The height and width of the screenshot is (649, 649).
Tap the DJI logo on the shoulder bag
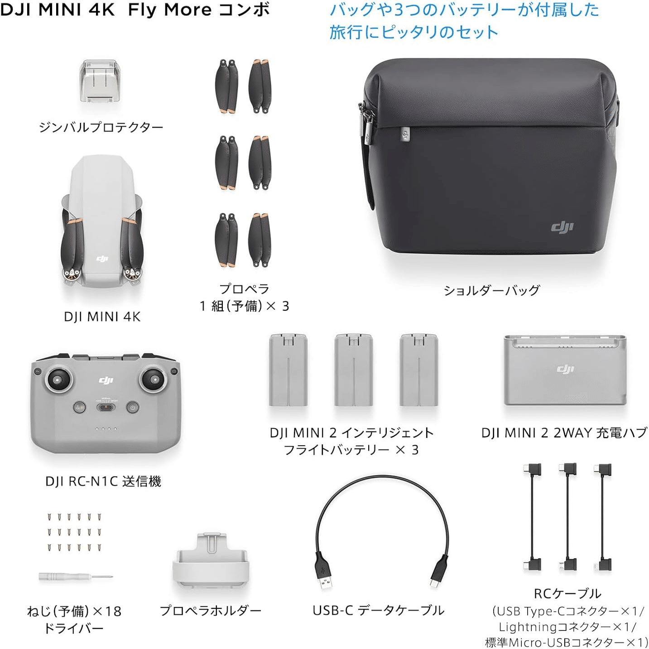(x=562, y=227)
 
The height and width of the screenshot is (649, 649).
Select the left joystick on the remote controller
(x=58, y=380)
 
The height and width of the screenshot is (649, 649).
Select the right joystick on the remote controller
(x=153, y=379)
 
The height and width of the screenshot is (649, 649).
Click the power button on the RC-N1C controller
(x=133, y=407)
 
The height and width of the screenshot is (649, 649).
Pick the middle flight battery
(x=353, y=370)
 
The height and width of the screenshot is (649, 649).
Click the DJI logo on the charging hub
(x=565, y=369)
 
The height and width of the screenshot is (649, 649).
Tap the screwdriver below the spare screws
(x=75, y=577)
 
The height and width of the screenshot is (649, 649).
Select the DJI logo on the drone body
(x=102, y=259)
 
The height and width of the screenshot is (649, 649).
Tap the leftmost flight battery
(x=288, y=370)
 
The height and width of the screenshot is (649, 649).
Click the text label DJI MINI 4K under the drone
(x=102, y=317)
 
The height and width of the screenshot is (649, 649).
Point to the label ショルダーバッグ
(x=491, y=290)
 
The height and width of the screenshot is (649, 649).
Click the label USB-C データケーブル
(x=379, y=611)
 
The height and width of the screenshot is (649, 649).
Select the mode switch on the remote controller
(x=106, y=406)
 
